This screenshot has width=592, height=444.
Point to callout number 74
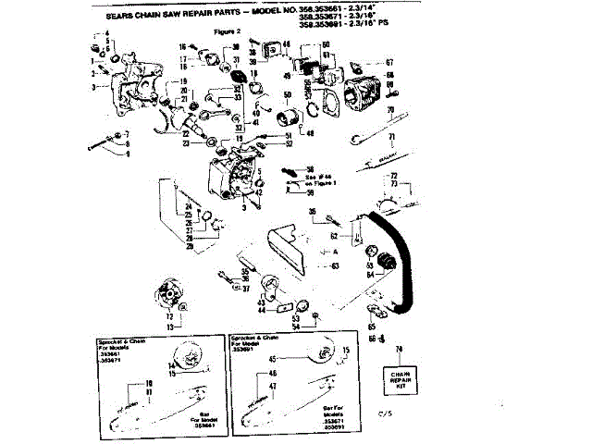(x=400, y=349)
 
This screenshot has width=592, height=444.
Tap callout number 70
(x=391, y=109)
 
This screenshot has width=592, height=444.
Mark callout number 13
(x=169, y=327)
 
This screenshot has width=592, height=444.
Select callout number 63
(x=335, y=265)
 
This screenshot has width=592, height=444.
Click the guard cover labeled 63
(x=294, y=250)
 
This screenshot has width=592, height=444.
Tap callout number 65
(x=371, y=326)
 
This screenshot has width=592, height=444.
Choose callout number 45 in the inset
(x=273, y=359)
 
